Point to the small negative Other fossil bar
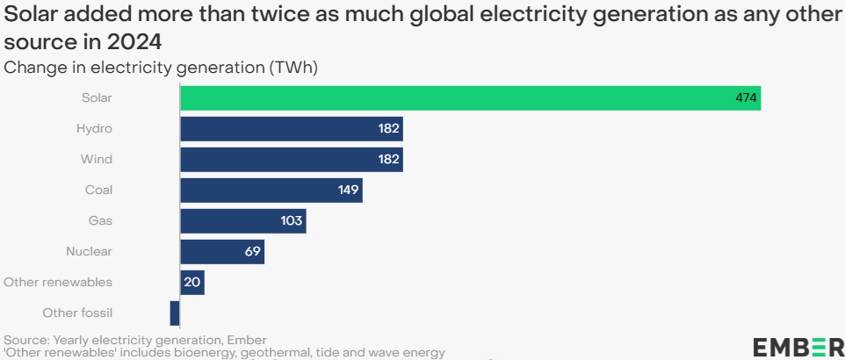tap(175, 313)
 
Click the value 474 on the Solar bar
tap(746, 98)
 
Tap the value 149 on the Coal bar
tap(349, 190)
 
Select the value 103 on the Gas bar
tap(292, 220)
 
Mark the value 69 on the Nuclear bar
tap(253, 252)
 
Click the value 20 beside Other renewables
tap(192, 282)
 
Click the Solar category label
tap(96, 98)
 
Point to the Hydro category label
tap(95, 129)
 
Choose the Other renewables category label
tap(58, 282)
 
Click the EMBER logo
tap(798, 347)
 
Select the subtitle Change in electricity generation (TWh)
tap(161, 68)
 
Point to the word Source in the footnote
tap(25, 340)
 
